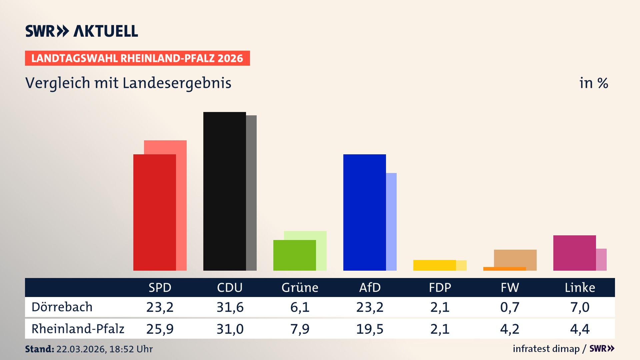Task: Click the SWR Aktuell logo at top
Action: coord(81,31)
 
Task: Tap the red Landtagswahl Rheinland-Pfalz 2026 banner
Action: coord(137,58)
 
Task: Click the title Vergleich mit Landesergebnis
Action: coord(128,83)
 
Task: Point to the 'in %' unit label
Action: coord(593,83)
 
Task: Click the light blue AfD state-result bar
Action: coord(391,222)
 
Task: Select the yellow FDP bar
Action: coord(434,265)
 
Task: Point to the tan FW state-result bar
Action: coord(515,258)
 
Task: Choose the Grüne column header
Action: coord(300,287)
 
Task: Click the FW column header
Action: coord(510,287)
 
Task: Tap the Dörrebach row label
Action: coord(62,307)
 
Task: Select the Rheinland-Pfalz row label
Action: coord(78,329)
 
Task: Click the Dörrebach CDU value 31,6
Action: coord(230,307)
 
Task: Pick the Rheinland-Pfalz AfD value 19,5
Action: coord(370,329)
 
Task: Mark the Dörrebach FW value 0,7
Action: coord(510,307)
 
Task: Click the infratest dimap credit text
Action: coord(546,349)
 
